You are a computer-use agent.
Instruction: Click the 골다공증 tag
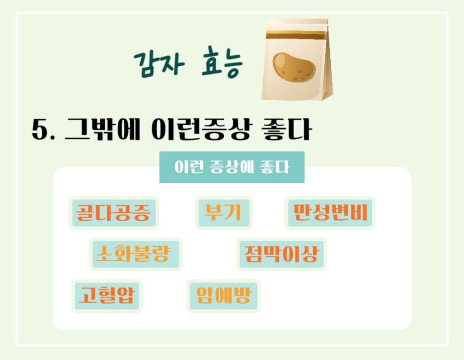pos(113,213)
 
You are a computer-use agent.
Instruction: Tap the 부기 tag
pos(223,213)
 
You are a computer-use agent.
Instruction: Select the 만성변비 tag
pos(330,213)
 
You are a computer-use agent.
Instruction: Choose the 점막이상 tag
pos(281,254)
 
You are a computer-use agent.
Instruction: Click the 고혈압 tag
pos(107,296)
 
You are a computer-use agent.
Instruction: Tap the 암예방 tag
pos(223,296)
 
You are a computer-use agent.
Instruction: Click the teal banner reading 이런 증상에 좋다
pos(232,167)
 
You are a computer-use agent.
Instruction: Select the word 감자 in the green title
pos(159,63)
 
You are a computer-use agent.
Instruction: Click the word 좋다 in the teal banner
pos(274,167)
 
